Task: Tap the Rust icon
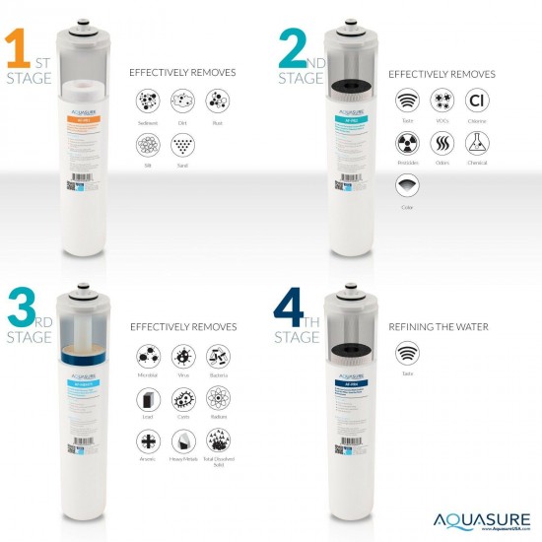click(x=217, y=101)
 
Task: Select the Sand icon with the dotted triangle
click(x=181, y=145)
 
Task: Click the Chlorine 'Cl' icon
click(x=476, y=101)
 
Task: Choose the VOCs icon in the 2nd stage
click(x=440, y=101)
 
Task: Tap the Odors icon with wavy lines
click(x=440, y=144)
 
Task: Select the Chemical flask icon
click(x=476, y=144)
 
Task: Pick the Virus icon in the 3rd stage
click(x=182, y=356)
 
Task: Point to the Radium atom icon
click(x=218, y=399)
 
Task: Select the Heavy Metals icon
click(x=182, y=442)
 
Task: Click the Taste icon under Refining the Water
click(x=405, y=353)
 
